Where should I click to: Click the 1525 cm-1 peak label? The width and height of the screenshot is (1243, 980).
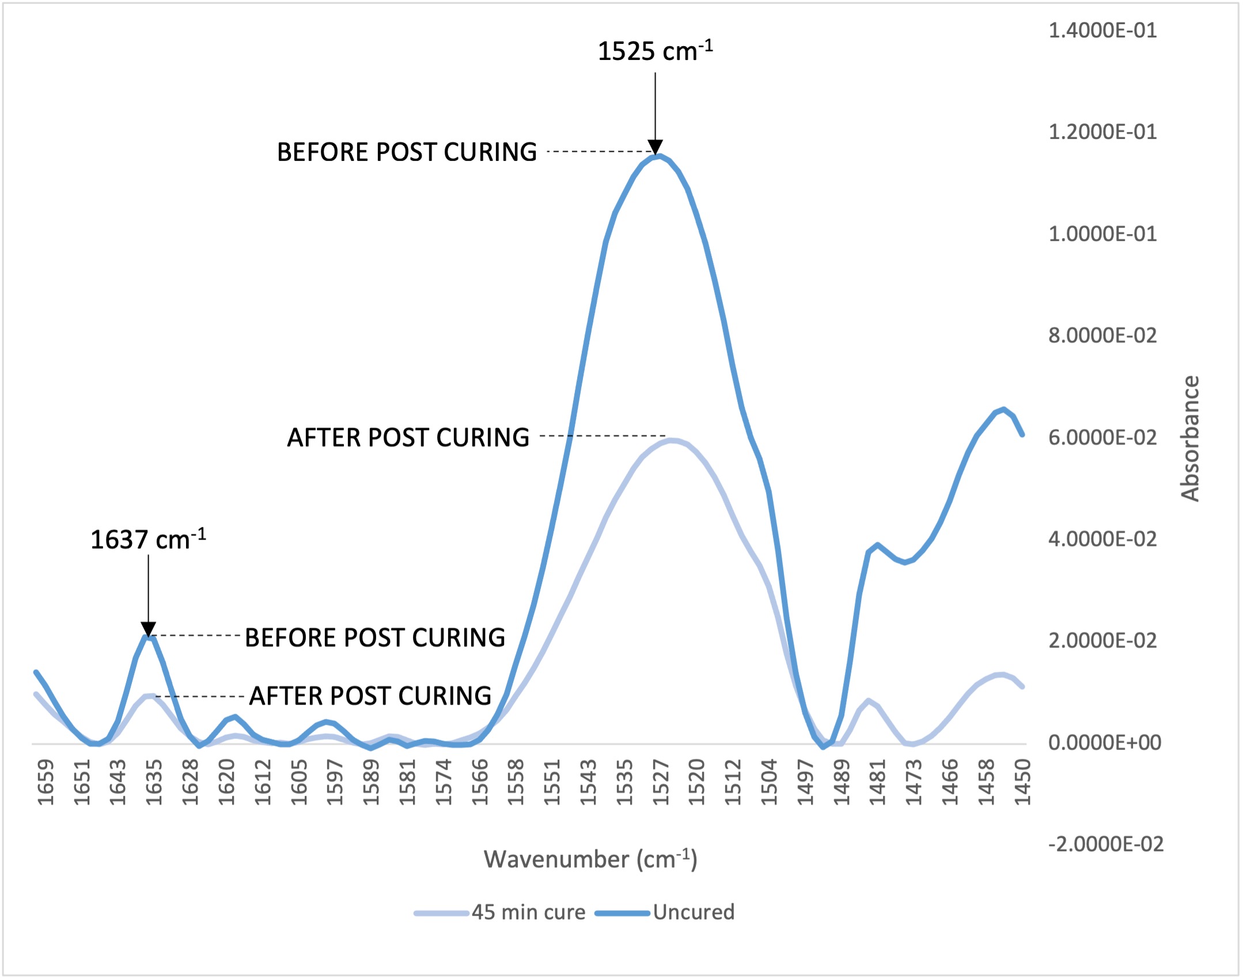[x=655, y=51]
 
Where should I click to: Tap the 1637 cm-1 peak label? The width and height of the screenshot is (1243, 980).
[x=148, y=540]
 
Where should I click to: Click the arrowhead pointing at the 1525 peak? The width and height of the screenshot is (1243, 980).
[x=655, y=147]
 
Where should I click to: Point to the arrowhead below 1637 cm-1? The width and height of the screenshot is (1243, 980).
[x=148, y=629]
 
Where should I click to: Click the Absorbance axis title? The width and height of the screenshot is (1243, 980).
[x=1190, y=438]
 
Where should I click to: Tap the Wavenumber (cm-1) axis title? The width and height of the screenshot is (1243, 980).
[x=590, y=859]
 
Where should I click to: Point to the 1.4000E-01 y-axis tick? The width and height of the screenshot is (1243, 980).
[x=1102, y=30]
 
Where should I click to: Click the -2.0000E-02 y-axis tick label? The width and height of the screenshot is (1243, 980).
[x=1105, y=844]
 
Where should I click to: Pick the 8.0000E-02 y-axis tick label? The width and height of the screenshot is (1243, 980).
[x=1102, y=336]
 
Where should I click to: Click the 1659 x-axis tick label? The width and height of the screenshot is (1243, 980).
[x=45, y=782]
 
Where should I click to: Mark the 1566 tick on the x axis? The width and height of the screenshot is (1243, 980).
[x=480, y=782]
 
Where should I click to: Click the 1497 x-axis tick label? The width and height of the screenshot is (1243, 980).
[x=805, y=782]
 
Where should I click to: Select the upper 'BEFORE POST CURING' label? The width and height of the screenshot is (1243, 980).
[x=407, y=152]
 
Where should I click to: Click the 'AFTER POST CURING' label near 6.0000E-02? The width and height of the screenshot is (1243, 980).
[x=408, y=438]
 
